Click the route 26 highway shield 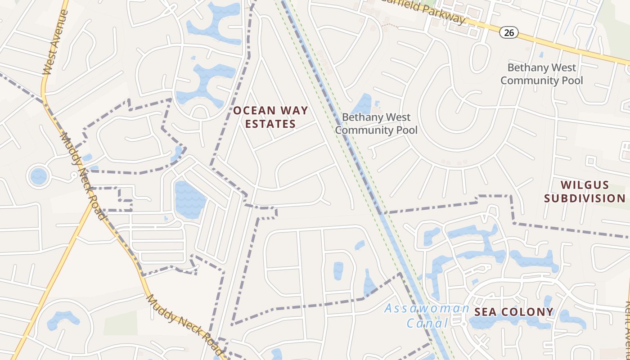(x=508, y=32)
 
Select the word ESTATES (x=270, y=124)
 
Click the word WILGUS (x=585, y=185)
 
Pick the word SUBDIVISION (x=585, y=198)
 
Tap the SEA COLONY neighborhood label (x=514, y=312)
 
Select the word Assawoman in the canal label (x=427, y=309)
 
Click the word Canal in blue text (x=427, y=323)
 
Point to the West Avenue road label (x=55, y=43)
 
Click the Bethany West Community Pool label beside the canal (x=376, y=124)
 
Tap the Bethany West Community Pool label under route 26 (x=541, y=74)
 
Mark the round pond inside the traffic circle (x=38, y=175)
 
